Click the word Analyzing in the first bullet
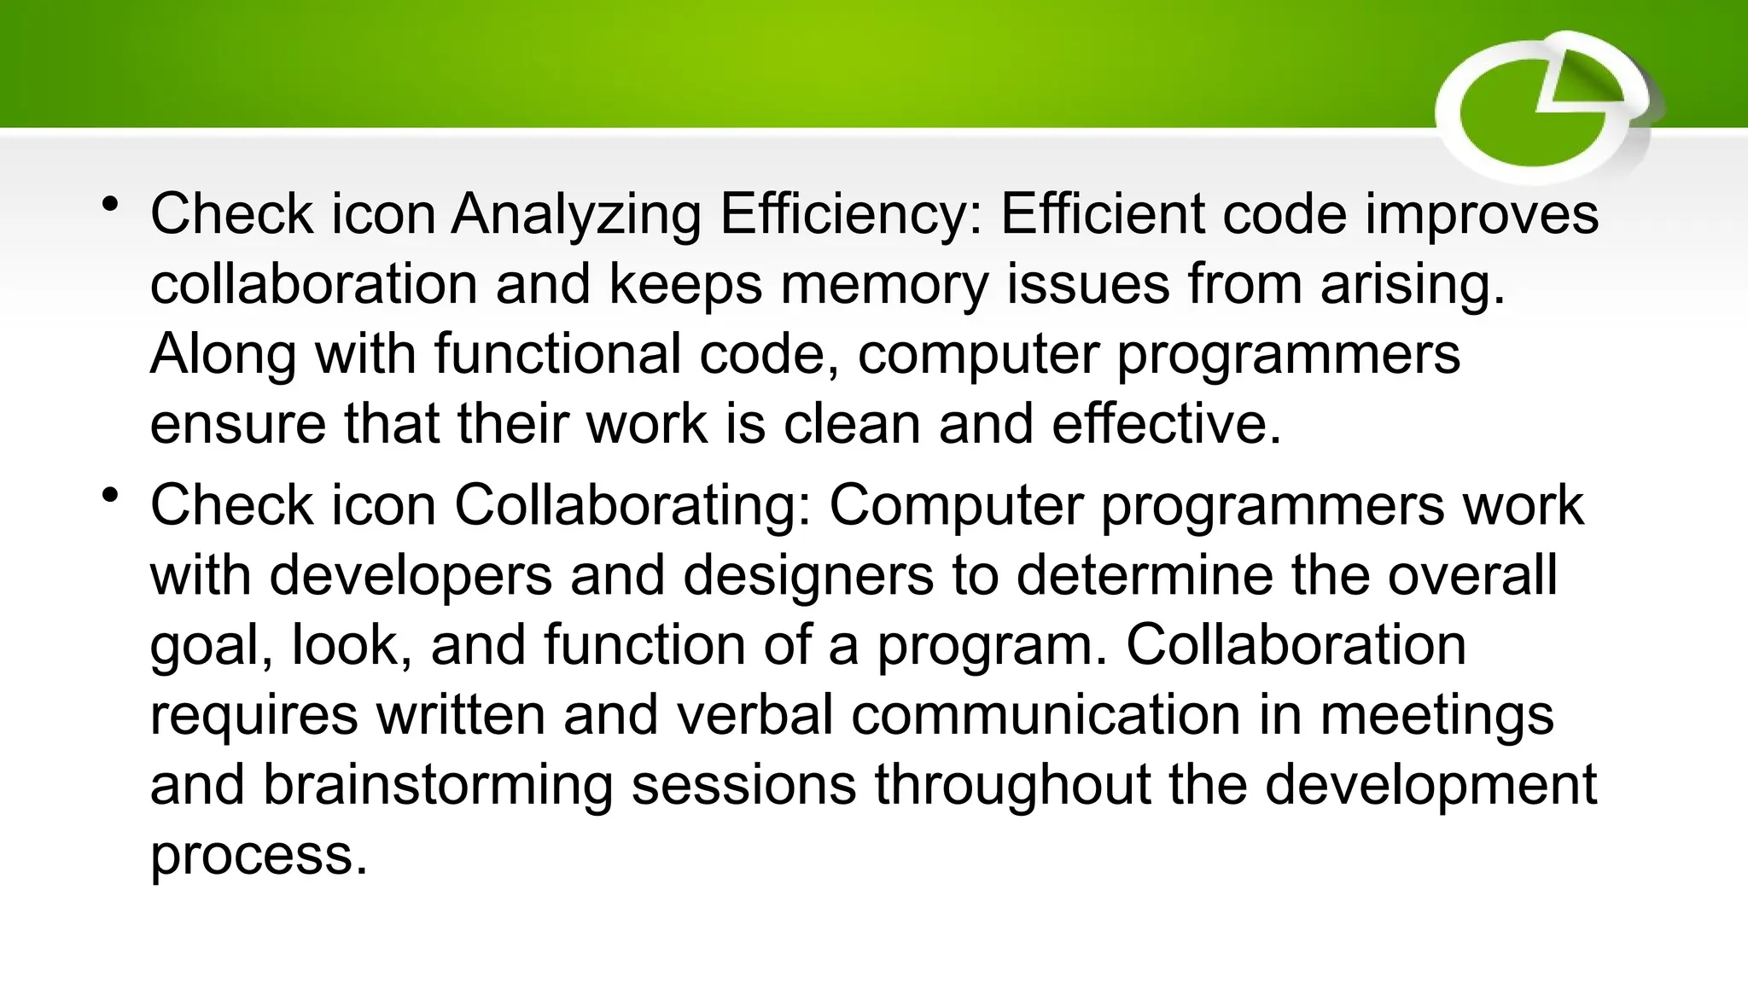pyautogui.click(x=576, y=214)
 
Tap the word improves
pyautogui.click(x=1481, y=214)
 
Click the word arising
pyautogui.click(x=1413, y=284)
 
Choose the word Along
pyautogui.click(x=223, y=353)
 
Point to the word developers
pyautogui.click(x=411, y=575)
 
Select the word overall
pyautogui.click(x=1472, y=575)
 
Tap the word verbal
pyautogui.click(x=755, y=715)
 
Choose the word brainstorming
pyautogui.click(x=437, y=785)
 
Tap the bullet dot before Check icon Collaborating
pyautogui.click(x=109, y=496)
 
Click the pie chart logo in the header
pyautogui.click(x=1546, y=107)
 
